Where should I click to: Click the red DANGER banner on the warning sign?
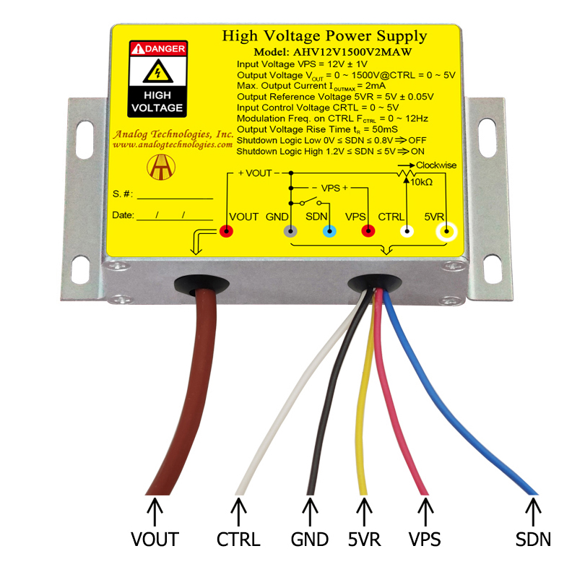point(158,48)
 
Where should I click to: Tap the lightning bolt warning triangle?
point(157,71)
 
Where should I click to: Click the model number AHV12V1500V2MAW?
point(352,52)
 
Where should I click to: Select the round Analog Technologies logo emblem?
point(161,167)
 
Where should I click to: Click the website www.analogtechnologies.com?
point(173,145)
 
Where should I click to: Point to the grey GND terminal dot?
point(290,231)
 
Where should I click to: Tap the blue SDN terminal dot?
point(329,231)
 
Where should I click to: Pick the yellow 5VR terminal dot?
point(446,231)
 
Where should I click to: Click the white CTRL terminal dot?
point(407,231)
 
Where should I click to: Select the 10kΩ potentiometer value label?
point(422,182)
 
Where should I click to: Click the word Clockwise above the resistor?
point(436,165)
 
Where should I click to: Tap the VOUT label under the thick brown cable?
point(155,539)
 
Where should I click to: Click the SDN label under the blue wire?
point(533,539)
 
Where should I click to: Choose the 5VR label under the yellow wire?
point(365,539)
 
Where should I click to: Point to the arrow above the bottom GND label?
point(310,512)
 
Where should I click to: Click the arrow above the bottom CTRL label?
point(238,512)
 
